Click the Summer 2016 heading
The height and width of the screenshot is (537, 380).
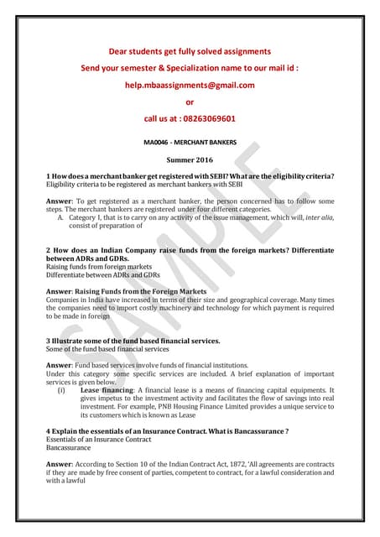(190, 159)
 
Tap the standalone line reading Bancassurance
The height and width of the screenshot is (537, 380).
(69, 448)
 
